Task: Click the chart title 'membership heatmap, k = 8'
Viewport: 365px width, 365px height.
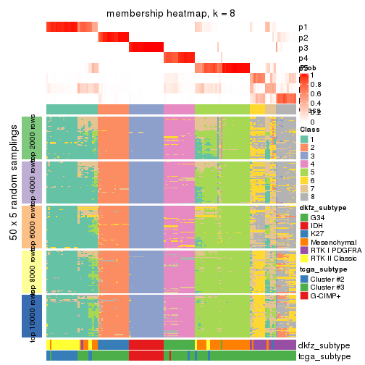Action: pyautogui.click(x=171, y=14)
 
